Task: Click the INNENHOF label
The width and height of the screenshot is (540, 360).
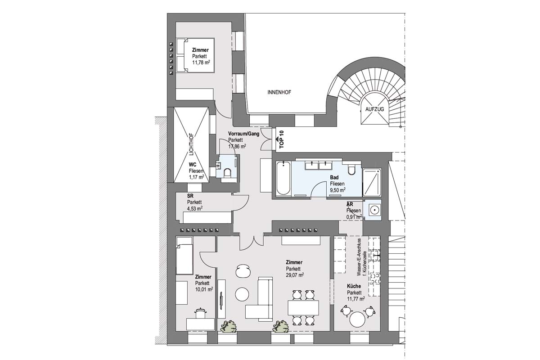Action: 279,92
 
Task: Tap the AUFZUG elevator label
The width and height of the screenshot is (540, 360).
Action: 374,109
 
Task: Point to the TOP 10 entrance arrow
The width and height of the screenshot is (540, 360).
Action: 277,139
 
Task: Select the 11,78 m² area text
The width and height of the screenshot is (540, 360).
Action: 201,63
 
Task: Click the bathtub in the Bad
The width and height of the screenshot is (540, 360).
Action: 283,178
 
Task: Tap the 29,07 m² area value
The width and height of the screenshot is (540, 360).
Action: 295,275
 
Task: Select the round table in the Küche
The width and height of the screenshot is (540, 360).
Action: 357,319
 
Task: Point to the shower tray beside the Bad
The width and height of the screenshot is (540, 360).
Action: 372,183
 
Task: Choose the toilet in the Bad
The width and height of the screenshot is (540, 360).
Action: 351,170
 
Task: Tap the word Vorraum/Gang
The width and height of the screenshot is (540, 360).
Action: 244,134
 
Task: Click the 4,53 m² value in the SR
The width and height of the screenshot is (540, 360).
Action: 195,208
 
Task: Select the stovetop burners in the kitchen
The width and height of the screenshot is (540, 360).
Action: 374,279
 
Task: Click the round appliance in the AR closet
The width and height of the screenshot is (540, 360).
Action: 374,210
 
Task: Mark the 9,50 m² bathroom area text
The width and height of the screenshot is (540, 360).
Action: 338,190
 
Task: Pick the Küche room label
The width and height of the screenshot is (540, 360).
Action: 354,286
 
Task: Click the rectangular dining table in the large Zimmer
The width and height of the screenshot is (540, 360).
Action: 303,308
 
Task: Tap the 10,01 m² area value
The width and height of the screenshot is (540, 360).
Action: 204,289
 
